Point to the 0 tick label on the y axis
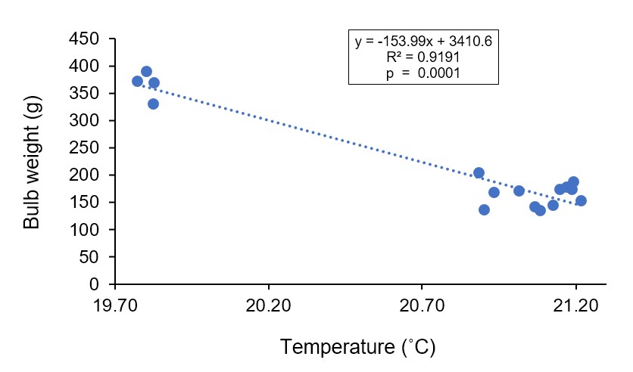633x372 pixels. tap(95, 284)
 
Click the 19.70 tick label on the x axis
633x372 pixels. tap(114, 308)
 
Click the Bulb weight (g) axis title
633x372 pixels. tap(31, 162)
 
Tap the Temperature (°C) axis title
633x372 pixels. tap(358, 347)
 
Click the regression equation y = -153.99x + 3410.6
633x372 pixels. tap(423, 42)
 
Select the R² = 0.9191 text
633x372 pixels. tap(423, 57)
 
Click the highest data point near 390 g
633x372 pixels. tap(146, 72)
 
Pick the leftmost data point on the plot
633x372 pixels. tap(137, 81)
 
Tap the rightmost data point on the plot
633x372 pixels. tap(581, 200)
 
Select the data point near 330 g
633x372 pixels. tap(153, 104)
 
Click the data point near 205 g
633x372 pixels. tap(479, 172)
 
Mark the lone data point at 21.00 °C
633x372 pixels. tap(519, 191)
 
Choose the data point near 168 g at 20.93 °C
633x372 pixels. tap(494, 192)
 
